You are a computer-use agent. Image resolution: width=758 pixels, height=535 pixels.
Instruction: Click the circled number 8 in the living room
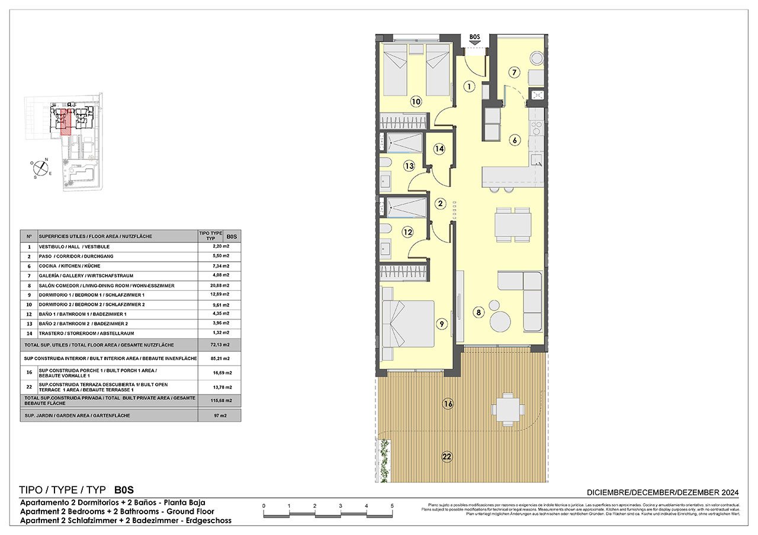(478, 312)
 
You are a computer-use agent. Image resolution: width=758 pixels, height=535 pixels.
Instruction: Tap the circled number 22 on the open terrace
(447, 456)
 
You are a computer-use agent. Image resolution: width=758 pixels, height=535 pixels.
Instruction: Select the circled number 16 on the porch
(448, 404)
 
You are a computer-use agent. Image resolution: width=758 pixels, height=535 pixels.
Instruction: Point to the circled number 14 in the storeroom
(439, 149)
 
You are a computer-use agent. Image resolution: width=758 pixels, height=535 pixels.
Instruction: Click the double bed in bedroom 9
(409, 323)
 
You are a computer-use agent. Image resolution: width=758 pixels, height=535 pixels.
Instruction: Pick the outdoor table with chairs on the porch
(508, 408)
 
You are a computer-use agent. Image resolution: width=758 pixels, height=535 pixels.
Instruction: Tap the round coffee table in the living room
(500, 322)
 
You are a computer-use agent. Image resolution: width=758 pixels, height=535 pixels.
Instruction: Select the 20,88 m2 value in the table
(219, 285)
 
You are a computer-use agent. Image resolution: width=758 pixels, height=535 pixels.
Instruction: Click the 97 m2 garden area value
(219, 416)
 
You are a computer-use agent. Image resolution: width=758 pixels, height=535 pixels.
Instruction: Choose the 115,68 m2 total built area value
(219, 401)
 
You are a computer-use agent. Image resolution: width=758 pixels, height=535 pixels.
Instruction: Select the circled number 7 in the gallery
(514, 73)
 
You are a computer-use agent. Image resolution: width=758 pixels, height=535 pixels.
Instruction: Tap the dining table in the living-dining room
(513, 225)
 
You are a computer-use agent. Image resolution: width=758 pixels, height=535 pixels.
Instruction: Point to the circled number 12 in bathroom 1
(407, 233)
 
